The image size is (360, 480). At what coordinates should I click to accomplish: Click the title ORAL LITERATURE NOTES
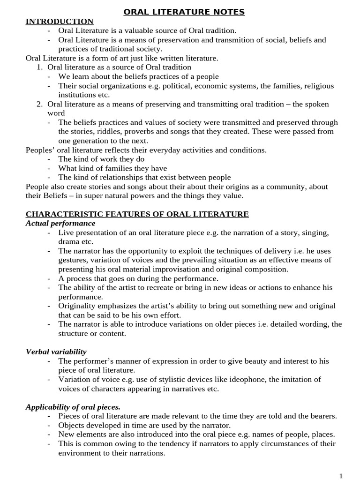coord(184,12)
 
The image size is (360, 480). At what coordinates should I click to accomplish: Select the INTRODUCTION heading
coord(60,21)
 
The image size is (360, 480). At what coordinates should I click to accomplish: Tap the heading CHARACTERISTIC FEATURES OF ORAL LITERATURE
coord(137,214)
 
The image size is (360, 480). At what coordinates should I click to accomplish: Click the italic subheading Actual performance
coord(60,223)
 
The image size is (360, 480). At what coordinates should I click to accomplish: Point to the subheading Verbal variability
coord(56,352)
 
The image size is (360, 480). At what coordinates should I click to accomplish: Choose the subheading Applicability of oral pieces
coord(73,406)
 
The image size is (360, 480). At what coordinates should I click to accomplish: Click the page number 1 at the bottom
coord(341,476)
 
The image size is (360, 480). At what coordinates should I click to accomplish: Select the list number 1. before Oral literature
coord(40,67)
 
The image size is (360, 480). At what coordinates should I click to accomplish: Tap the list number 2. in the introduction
coord(40,104)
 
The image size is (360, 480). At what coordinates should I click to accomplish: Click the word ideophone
coord(271,379)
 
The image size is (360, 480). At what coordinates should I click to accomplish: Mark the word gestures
coord(73,260)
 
